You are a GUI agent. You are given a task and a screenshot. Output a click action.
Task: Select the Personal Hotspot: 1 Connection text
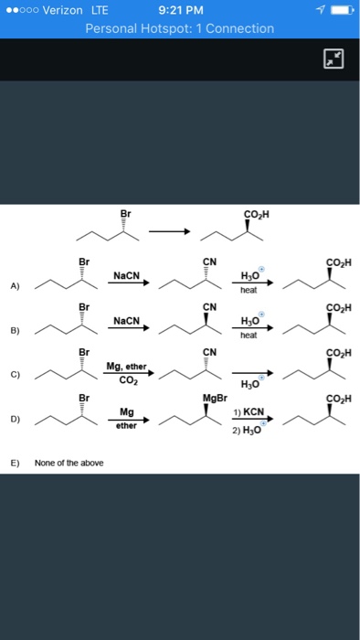click(179, 28)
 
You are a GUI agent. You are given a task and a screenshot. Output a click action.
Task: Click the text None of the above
click(69, 464)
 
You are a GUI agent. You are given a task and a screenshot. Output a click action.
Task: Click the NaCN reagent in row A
click(126, 274)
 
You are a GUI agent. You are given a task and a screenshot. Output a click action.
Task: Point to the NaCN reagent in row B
click(126, 320)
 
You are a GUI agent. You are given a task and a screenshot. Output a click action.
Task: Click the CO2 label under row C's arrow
click(125, 381)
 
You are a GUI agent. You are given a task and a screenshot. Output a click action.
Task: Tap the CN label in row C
click(208, 352)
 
